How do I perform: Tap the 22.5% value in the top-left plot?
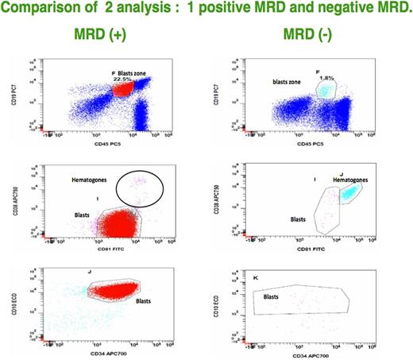coord(122,78)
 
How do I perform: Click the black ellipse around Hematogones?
coord(140,188)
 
